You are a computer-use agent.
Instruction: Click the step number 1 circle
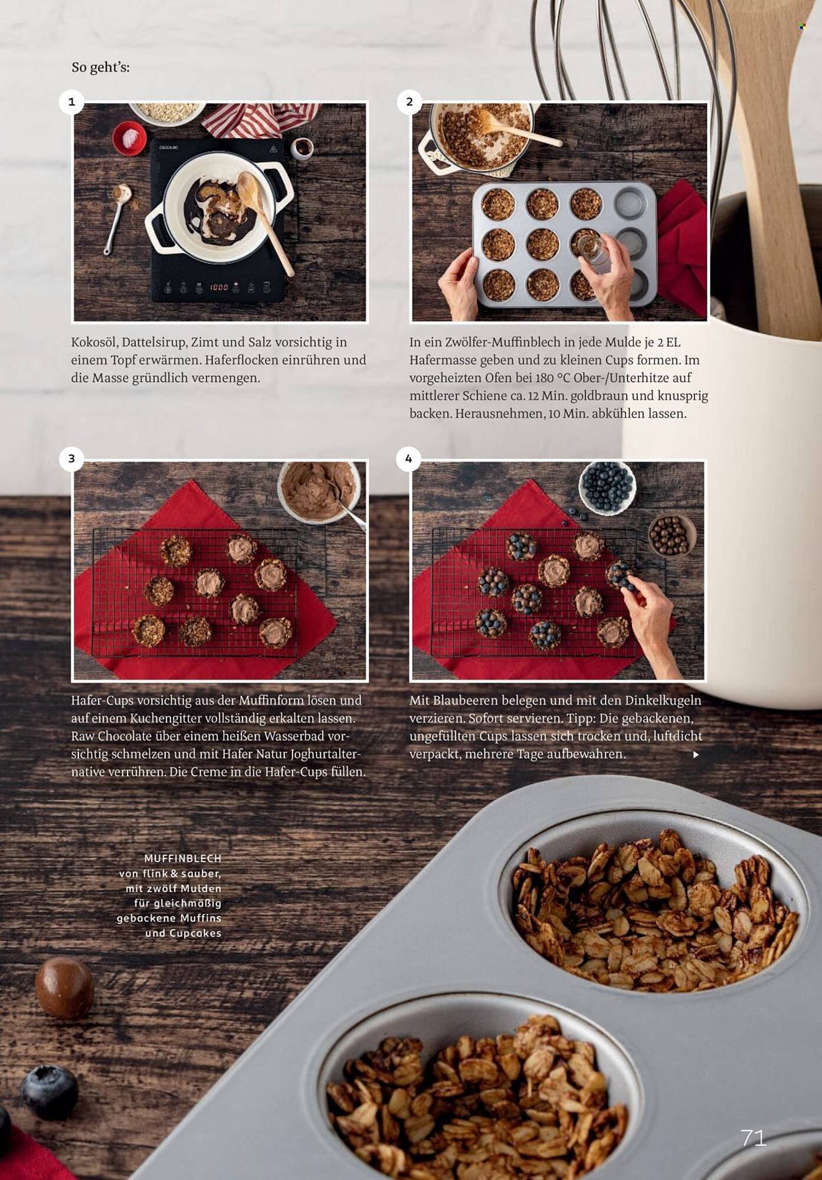pyautogui.click(x=72, y=102)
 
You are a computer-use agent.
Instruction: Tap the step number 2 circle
pyautogui.click(x=410, y=102)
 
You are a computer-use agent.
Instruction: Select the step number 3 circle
pyautogui.click(x=72, y=459)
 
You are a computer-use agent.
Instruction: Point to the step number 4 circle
pyautogui.click(x=409, y=459)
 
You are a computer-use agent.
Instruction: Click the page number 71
pyautogui.click(x=754, y=1138)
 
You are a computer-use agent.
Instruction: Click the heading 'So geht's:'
pyautogui.click(x=100, y=67)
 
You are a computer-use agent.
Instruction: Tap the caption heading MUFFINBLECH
pyautogui.click(x=183, y=858)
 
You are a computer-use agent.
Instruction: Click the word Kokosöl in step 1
pyautogui.click(x=94, y=342)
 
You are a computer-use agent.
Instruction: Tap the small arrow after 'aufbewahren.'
pyautogui.click(x=696, y=755)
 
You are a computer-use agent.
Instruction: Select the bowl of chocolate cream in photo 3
pyautogui.click(x=319, y=491)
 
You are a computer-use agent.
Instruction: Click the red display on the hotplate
pyautogui.click(x=219, y=287)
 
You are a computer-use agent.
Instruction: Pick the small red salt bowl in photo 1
pyautogui.click(x=129, y=138)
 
